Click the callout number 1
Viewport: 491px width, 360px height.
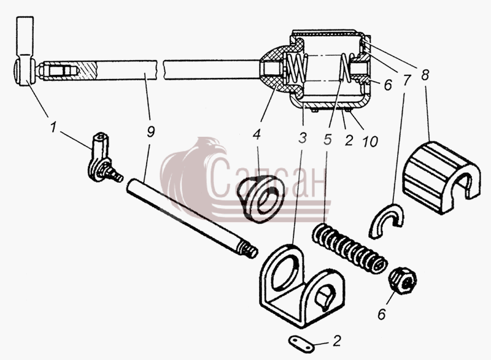53,128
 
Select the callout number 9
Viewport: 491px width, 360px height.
150,132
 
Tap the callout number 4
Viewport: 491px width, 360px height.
257,134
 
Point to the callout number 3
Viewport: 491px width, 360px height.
303,137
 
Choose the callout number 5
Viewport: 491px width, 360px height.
328,139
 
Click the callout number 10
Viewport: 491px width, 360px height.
370,142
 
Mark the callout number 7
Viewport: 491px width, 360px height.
406,80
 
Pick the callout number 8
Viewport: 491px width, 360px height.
425,75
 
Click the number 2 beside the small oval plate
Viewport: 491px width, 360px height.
336,340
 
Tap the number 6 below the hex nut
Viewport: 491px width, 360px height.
382,315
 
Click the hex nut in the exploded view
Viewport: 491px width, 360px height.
403,280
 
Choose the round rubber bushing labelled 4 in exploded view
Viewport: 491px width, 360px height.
260,199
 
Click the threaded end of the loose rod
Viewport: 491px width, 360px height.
249,250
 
